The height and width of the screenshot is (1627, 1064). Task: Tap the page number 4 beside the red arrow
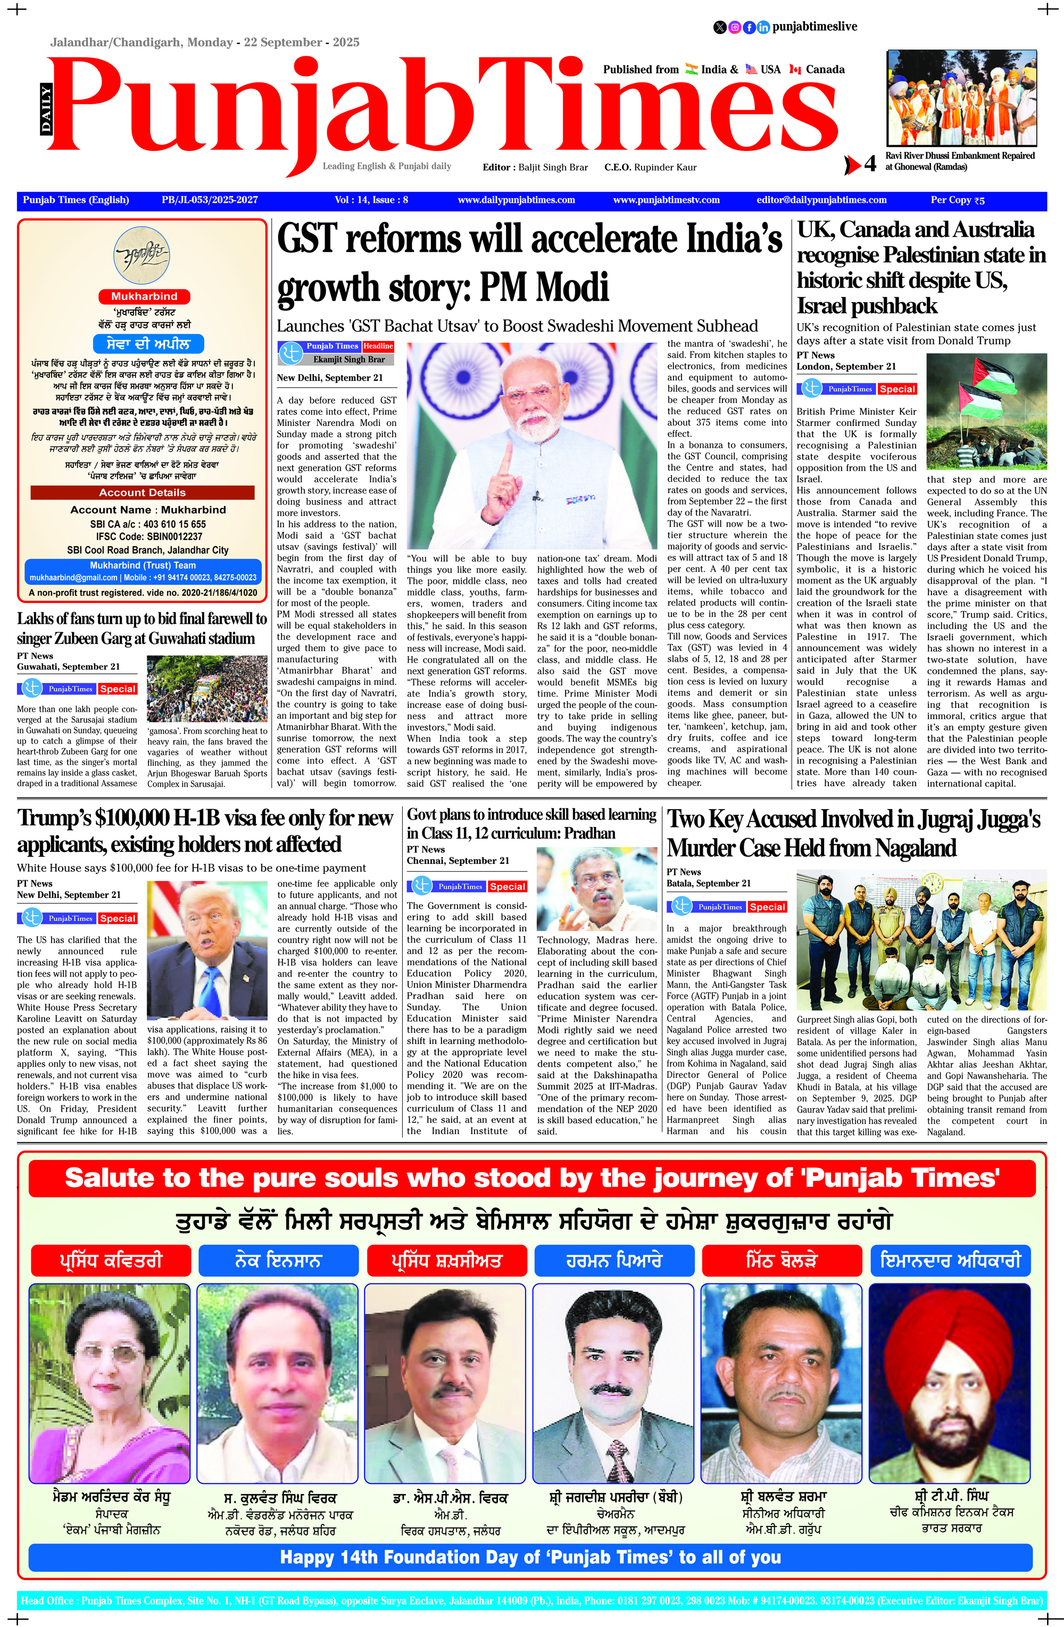coord(869,164)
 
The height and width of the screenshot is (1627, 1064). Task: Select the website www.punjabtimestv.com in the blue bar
coord(666,199)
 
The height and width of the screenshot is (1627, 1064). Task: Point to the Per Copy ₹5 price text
coord(957,199)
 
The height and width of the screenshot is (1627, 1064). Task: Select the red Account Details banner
coord(142,492)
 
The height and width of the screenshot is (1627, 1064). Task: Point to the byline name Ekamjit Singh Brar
coord(349,359)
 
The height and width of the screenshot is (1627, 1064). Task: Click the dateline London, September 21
coord(846,366)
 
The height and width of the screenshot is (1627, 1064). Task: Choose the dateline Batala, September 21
coord(709,883)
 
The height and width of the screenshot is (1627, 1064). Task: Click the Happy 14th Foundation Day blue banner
coord(530,1557)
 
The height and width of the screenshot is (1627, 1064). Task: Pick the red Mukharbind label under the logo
coord(144,296)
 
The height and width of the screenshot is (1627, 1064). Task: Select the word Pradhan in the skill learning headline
coord(583,833)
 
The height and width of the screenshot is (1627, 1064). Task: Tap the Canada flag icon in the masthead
coord(795,69)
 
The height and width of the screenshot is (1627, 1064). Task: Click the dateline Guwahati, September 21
coord(69,666)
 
